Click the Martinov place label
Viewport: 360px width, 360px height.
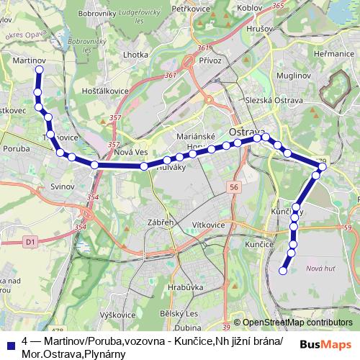30,63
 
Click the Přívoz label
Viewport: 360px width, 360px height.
210,61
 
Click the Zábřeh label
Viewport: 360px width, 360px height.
160,222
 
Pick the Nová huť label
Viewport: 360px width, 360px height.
320,269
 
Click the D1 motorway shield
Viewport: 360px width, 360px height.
30,243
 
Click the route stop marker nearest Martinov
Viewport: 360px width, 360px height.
39,70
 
